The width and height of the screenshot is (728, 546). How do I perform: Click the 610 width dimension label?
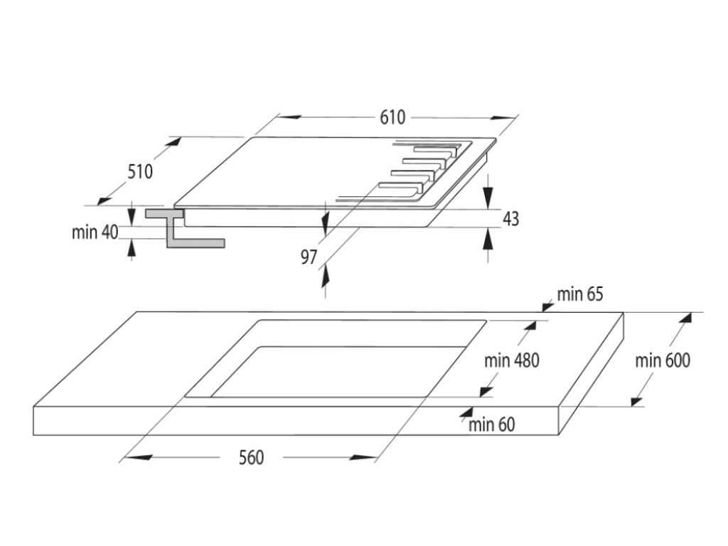(x=392, y=117)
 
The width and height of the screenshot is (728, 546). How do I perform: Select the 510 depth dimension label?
(x=141, y=171)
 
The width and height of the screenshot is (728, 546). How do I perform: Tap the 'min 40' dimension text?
(x=95, y=232)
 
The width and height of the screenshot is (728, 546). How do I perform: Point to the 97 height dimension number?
(x=309, y=257)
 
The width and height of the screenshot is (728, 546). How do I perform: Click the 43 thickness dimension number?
(x=510, y=219)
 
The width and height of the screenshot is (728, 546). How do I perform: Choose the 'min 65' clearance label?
(x=579, y=294)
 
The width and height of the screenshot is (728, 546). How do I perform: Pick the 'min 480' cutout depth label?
(x=512, y=360)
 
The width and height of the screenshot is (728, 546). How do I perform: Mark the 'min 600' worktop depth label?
(x=663, y=360)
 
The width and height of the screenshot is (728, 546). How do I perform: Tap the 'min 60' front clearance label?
(x=492, y=425)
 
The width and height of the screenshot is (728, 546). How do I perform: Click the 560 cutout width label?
(x=250, y=457)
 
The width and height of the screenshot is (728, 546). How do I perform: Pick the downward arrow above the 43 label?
(x=488, y=193)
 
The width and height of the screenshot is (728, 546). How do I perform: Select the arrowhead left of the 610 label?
(x=288, y=117)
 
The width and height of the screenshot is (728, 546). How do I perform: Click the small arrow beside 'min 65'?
(x=547, y=305)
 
